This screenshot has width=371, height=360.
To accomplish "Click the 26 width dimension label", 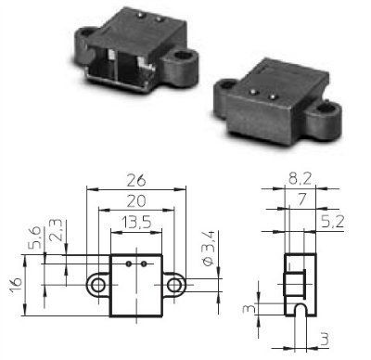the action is [x=136, y=180].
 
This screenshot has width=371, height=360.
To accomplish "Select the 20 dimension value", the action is [x=136, y=201].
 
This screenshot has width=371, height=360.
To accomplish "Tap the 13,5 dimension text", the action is [x=136, y=222].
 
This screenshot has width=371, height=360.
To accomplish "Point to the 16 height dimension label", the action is [x=16, y=285].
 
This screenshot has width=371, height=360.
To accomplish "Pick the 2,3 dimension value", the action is [x=56, y=231].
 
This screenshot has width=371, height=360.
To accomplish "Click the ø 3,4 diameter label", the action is [x=209, y=249].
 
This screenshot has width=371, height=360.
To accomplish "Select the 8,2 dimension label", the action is [x=300, y=178].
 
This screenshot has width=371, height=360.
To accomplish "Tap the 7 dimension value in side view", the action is [x=301, y=200].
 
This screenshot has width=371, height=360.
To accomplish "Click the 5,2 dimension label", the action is [x=332, y=222].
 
